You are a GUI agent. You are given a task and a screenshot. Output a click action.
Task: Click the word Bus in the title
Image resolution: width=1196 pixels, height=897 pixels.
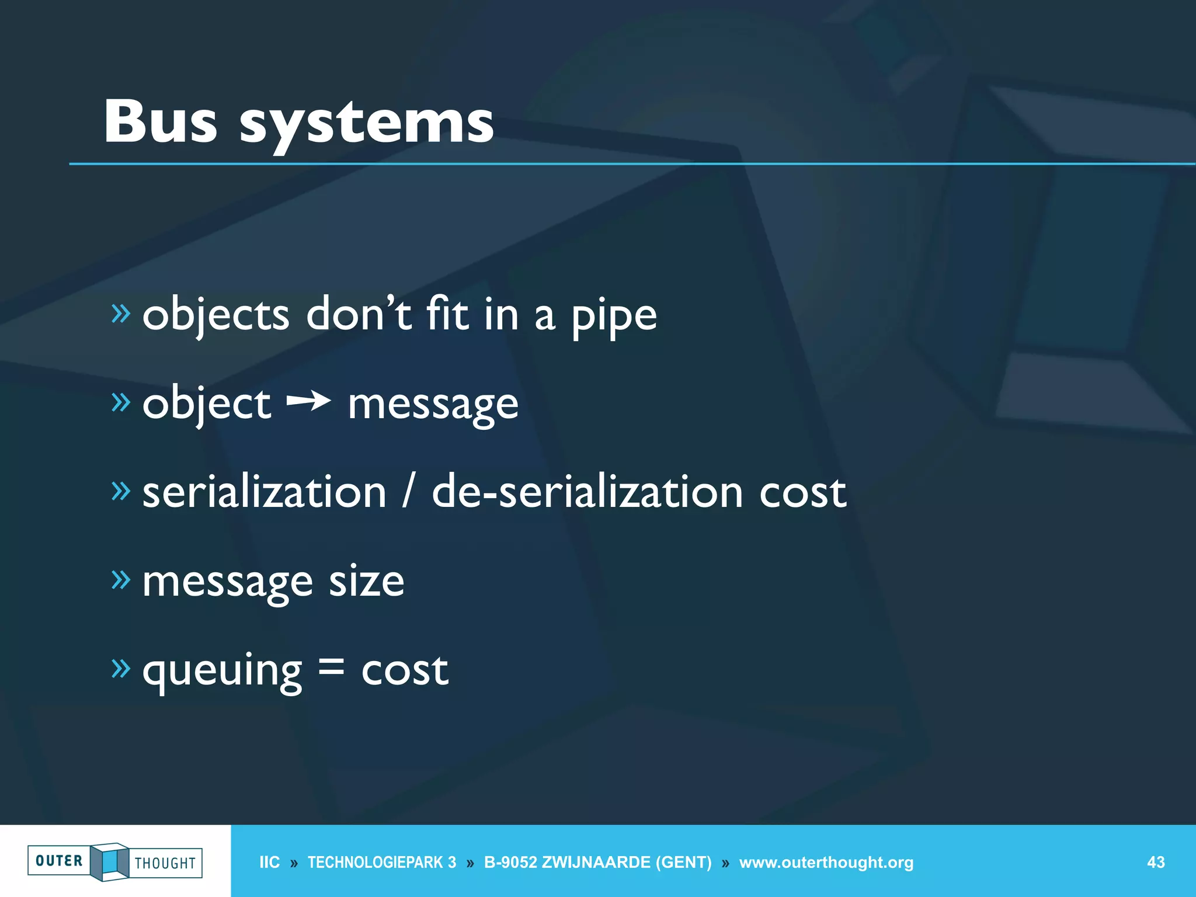[161, 121]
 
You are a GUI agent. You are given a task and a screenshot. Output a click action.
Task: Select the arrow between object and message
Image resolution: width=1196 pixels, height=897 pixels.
[309, 401]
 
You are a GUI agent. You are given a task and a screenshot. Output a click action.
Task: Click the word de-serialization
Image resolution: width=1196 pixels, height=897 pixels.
[587, 492]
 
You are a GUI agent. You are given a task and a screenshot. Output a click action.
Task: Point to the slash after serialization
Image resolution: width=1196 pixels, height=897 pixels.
[409, 492]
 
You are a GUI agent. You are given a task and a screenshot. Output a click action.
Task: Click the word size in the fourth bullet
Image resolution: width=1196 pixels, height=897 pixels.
[366, 581]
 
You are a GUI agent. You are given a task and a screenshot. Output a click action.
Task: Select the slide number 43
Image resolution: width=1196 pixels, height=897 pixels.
[1156, 862]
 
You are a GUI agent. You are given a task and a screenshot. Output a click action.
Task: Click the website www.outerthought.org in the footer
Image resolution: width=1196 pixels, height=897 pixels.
[826, 862]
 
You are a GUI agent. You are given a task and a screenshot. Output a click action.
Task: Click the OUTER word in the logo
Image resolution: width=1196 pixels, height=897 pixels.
[59, 861]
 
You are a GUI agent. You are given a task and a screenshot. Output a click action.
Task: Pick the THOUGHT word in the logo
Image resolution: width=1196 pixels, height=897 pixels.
[165, 863]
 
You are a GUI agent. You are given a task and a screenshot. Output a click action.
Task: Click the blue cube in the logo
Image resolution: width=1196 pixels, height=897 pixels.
[110, 861]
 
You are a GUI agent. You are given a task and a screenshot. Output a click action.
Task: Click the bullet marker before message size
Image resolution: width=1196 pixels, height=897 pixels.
[121, 579]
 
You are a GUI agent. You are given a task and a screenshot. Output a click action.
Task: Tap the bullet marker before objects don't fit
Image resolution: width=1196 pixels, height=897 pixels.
[121, 314]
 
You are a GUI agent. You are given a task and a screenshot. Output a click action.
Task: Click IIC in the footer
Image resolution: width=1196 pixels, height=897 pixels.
[269, 862]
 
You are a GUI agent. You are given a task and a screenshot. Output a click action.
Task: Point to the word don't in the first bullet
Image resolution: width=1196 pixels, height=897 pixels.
[359, 314]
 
